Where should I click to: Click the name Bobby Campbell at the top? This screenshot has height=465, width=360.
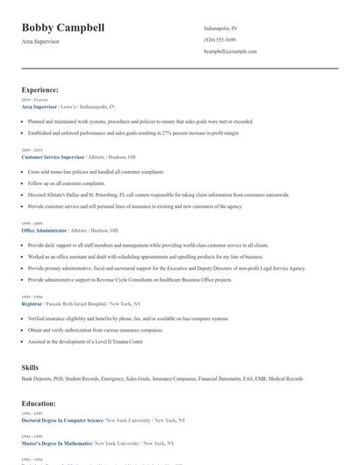point(62,28)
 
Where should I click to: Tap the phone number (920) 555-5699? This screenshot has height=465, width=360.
point(219,39)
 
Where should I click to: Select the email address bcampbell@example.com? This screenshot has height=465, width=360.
point(230,51)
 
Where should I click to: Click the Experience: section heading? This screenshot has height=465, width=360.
point(40,89)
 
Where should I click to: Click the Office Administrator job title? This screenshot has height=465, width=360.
point(44,229)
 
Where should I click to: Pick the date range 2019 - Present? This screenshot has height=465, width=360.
point(34,100)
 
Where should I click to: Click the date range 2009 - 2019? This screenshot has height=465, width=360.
point(31,149)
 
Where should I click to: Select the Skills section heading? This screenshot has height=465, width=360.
point(30,366)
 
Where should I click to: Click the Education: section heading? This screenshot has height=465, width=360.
point(39,404)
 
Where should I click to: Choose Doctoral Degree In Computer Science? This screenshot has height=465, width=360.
point(62,420)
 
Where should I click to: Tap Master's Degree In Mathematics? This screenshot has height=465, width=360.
point(57,444)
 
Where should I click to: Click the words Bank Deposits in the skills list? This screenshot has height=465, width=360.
point(36,379)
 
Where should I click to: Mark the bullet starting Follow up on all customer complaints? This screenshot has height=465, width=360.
point(72,182)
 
